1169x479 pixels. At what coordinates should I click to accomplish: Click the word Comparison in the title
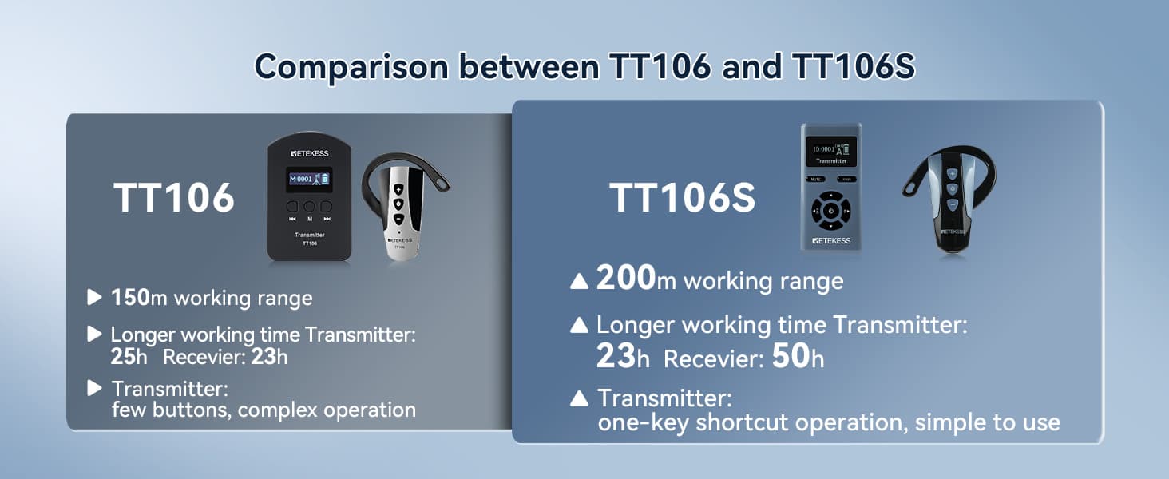tap(351, 68)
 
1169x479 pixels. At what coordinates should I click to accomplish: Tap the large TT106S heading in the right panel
tap(682, 198)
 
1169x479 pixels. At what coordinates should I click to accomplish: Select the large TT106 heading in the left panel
tap(174, 198)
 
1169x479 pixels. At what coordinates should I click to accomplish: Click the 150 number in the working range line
tap(130, 298)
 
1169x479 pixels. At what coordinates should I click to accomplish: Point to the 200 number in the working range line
tap(626, 277)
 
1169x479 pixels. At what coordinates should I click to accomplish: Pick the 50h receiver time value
tap(798, 356)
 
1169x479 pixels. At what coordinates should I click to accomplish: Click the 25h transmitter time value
tap(129, 357)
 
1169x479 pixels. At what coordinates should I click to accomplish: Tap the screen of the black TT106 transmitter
tap(309, 179)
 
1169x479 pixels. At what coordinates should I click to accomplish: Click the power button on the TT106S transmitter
tap(830, 211)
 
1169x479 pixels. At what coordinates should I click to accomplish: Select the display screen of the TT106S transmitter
tap(830, 152)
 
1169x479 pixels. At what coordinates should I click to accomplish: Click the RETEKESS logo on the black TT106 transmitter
tap(310, 153)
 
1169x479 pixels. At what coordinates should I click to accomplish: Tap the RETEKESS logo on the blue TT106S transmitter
tap(831, 240)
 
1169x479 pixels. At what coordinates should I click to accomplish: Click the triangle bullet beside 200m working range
tap(579, 281)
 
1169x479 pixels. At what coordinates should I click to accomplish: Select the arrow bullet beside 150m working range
tap(94, 297)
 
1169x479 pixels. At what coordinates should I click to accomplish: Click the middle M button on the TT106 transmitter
tap(309, 207)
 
